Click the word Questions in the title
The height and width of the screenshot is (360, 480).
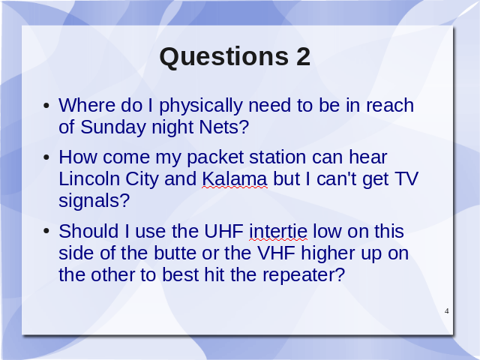[223, 57]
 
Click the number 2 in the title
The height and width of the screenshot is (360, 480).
[303, 56]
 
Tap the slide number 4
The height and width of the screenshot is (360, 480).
[447, 311]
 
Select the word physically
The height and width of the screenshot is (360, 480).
[201, 106]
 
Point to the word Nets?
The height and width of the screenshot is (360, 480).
[224, 127]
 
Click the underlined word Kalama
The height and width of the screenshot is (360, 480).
[235, 178]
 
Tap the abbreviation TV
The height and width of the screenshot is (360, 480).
[406, 178]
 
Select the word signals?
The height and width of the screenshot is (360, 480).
[94, 202]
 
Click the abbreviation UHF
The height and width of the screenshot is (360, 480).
[223, 231]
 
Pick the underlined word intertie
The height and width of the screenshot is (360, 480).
[278, 231]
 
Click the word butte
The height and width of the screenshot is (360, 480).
[175, 253]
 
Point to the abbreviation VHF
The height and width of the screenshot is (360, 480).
[277, 253]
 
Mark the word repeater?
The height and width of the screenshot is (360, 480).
[304, 276]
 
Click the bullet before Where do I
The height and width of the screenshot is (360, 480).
[46, 106]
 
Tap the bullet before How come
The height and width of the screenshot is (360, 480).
[46, 158]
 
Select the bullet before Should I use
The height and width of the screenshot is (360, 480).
[46, 232]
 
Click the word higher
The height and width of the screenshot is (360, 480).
[328, 254]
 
